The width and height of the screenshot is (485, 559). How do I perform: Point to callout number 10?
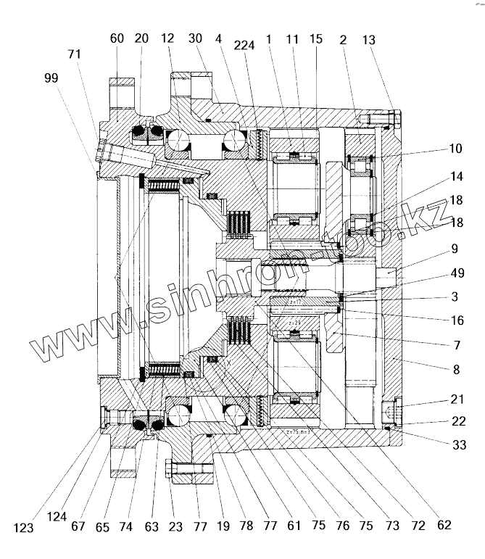pos(455,149)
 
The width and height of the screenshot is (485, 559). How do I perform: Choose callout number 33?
pos(456,446)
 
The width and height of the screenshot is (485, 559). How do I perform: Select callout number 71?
pos(73,53)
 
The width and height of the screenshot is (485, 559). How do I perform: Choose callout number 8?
pos(455,369)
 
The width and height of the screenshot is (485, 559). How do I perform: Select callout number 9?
pos(455,249)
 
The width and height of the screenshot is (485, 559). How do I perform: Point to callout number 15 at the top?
pos(316,39)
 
